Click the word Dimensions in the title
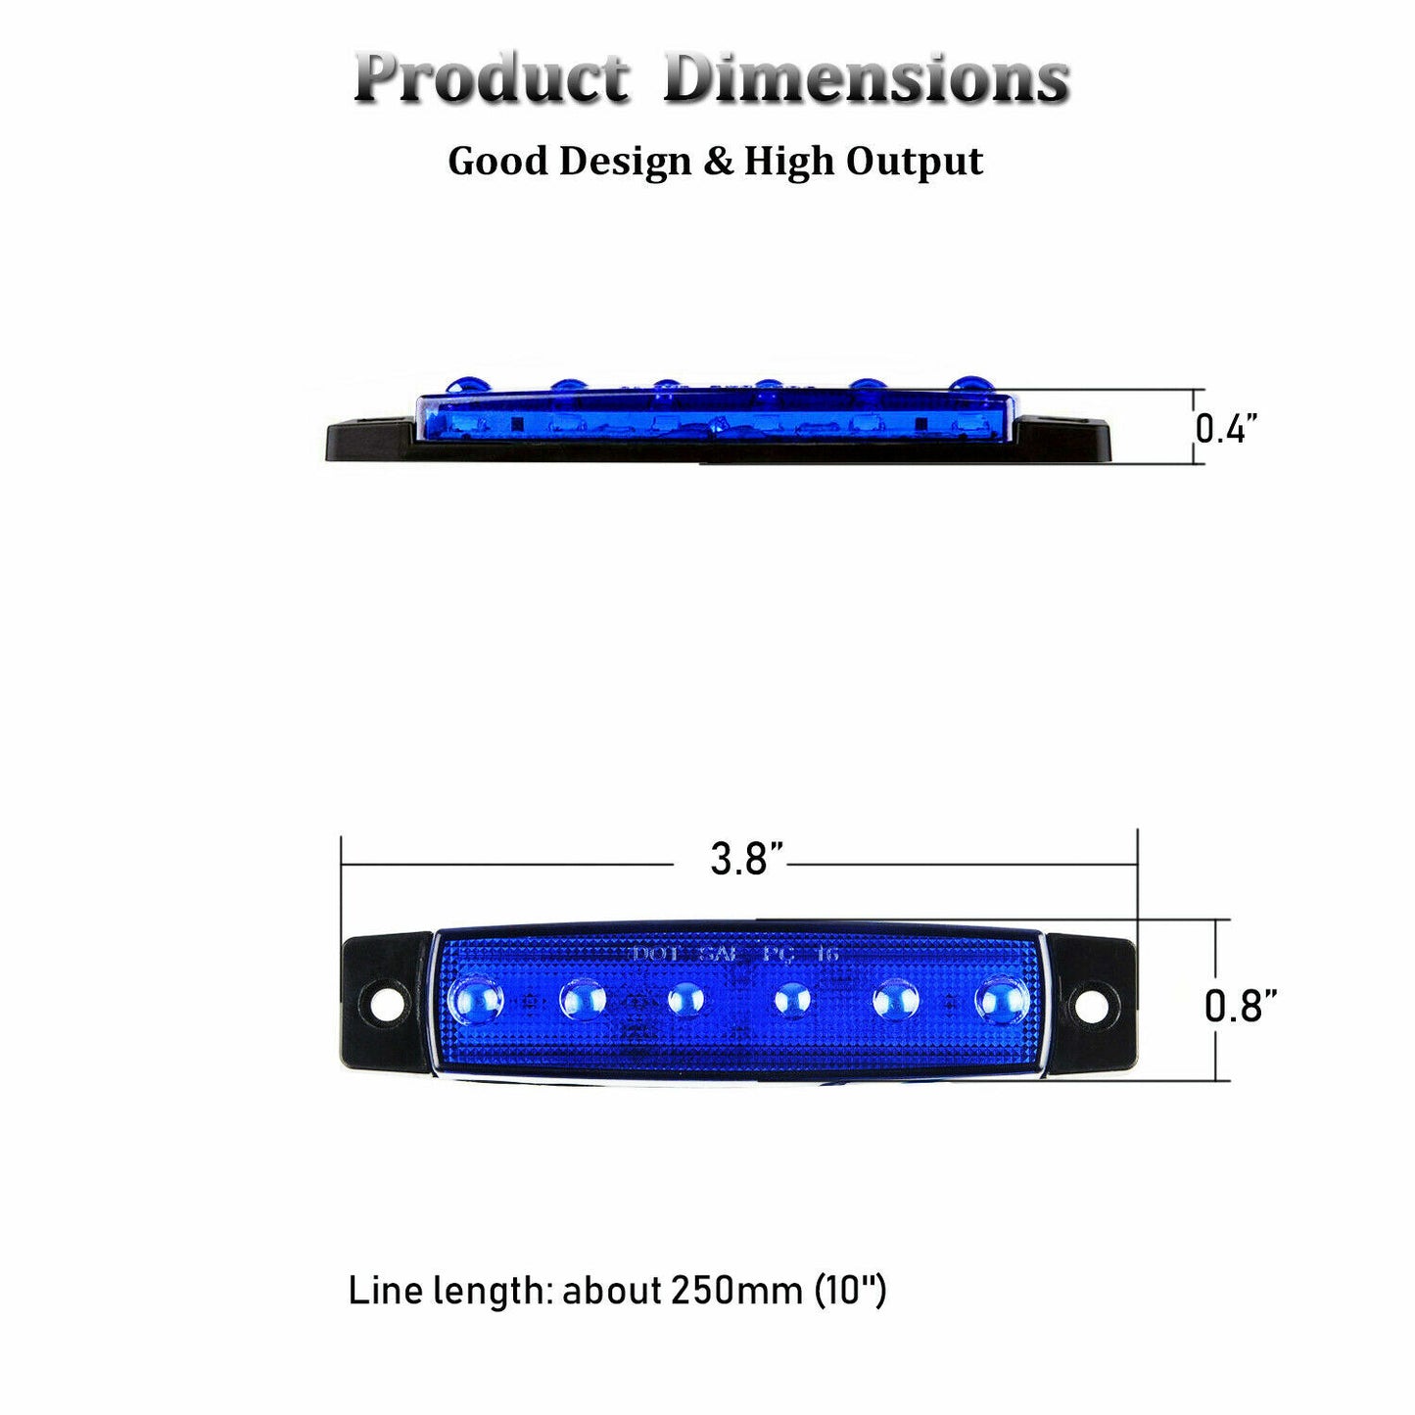[x=866, y=77]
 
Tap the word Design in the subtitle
[x=625, y=162]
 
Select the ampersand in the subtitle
[x=718, y=162]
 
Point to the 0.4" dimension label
[x=1225, y=428]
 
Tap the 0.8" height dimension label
[x=1240, y=1005]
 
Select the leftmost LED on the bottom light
[x=477, y=1000]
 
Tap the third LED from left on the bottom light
[x=685, y=1000]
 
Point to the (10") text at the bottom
[x=851, y=1291]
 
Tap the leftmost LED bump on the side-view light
[x=460, y=385]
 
